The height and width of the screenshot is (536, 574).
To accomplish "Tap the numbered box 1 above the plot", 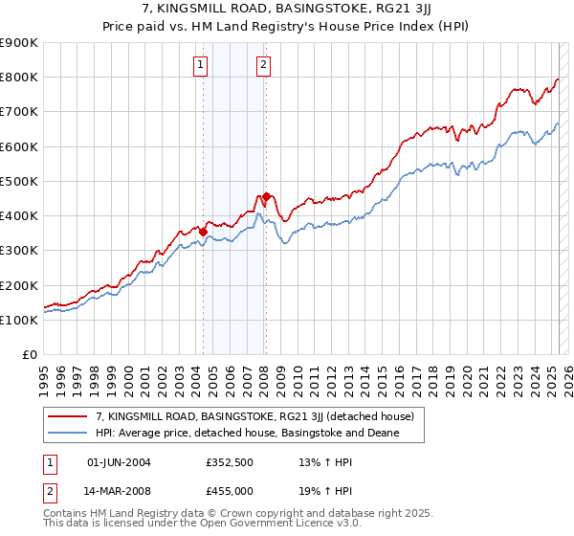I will [201, 65].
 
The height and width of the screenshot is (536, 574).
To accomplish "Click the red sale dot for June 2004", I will [203, 232].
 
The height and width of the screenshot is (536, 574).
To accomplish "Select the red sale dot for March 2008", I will [266, 196].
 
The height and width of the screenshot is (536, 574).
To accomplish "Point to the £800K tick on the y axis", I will [20, 77].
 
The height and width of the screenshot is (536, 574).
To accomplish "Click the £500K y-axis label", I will [20, 181].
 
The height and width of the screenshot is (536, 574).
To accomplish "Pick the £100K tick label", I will [20, 320].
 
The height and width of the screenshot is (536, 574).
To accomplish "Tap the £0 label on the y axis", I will [30, 355].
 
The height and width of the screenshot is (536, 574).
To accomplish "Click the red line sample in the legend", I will [68, 417].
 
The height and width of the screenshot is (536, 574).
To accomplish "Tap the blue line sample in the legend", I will [68, 434].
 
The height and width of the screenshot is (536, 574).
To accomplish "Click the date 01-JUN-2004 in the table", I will [119, 462].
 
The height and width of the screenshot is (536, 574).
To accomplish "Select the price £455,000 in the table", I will [230, 490].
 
